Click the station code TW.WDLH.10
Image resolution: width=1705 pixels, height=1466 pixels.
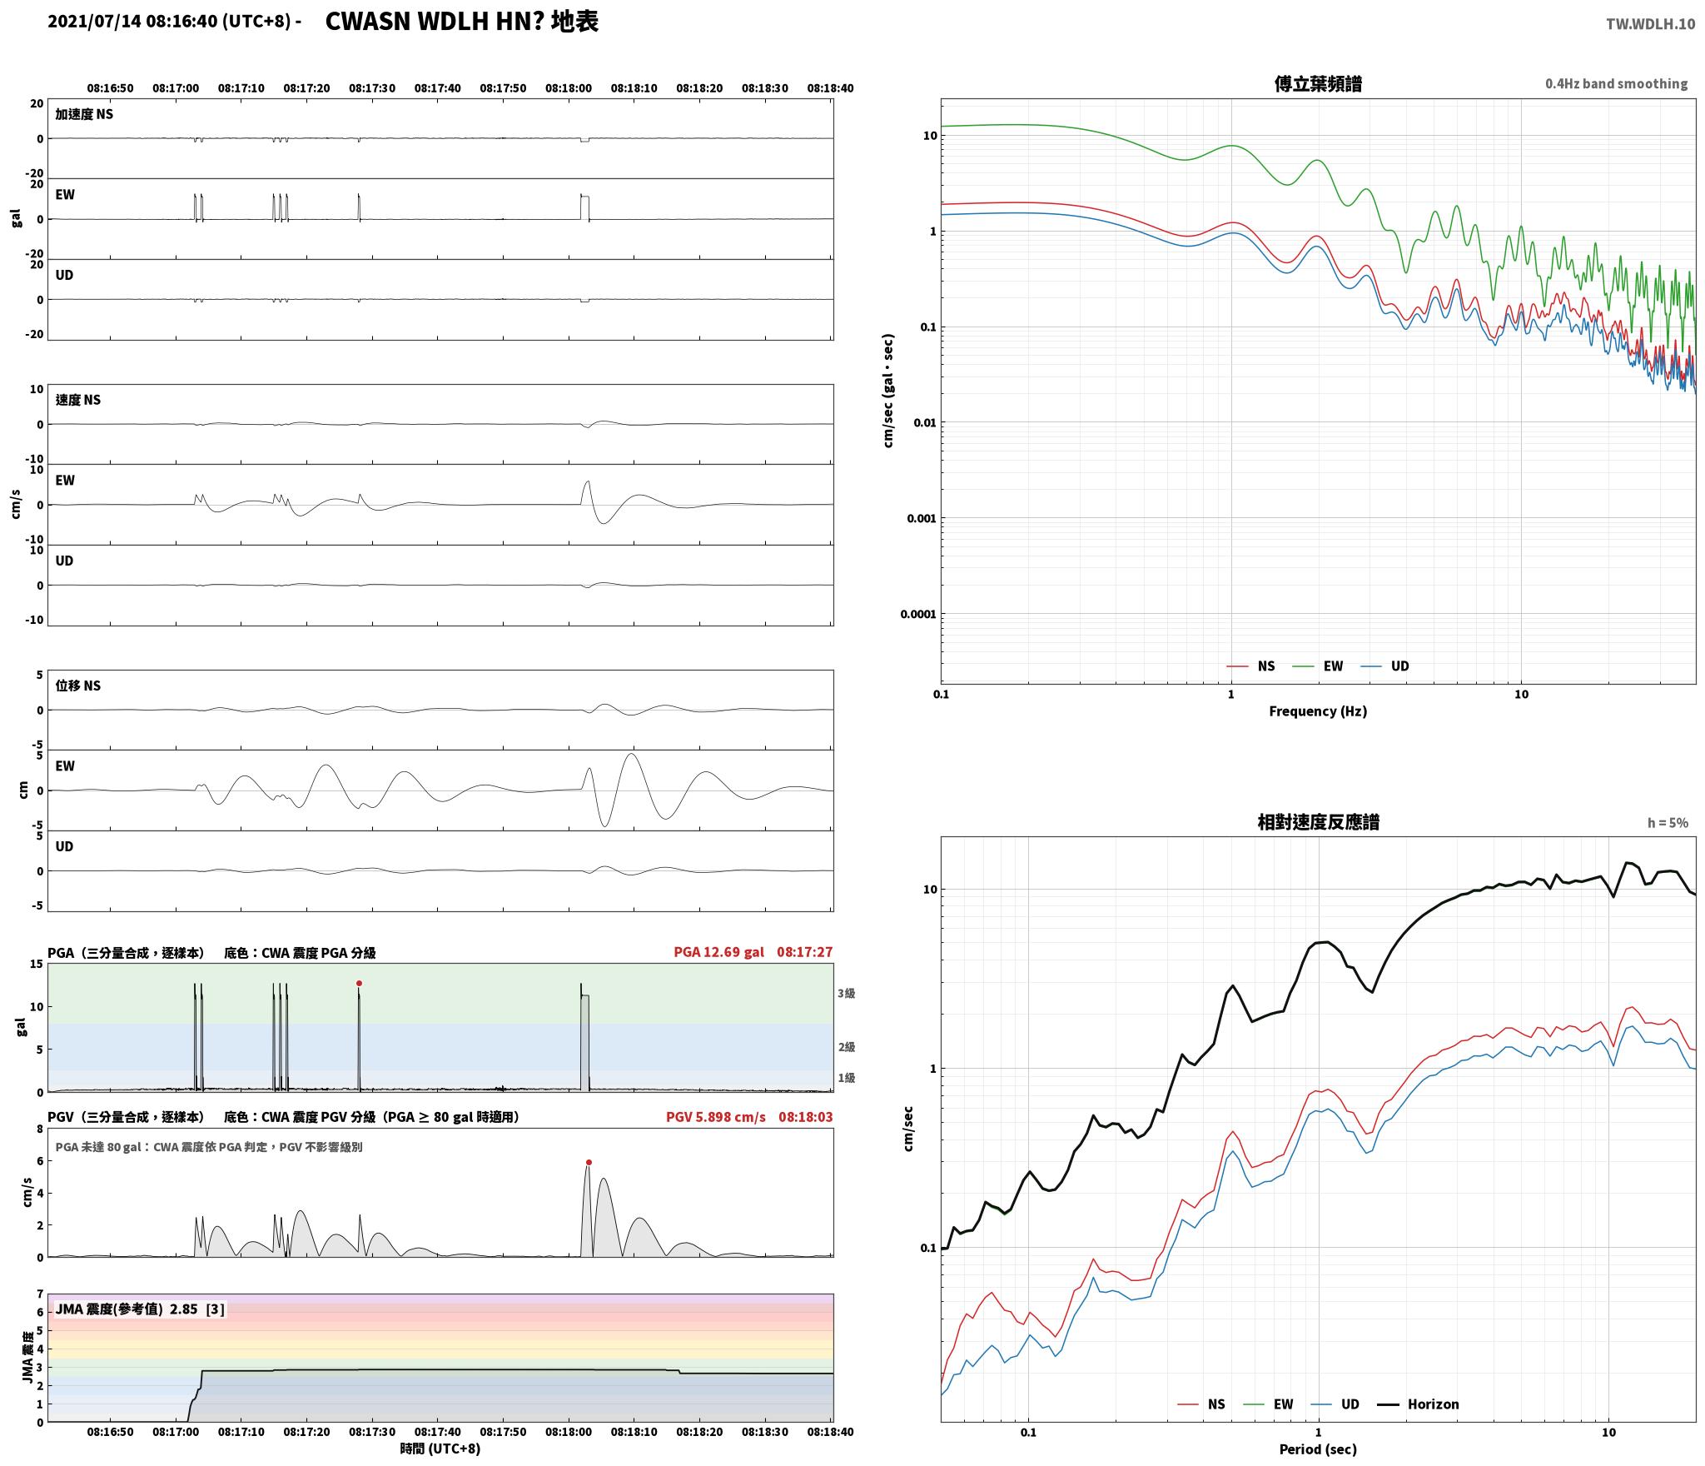point(1650,24)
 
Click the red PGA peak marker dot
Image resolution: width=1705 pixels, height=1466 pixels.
point(359,984)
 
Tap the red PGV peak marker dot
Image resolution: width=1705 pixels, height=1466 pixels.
point(589,1162)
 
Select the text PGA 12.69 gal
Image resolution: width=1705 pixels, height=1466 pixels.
point(718,952)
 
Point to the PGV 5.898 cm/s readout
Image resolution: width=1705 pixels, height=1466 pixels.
point(715,1117)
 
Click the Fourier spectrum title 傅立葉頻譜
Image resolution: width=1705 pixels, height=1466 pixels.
point(1318,84)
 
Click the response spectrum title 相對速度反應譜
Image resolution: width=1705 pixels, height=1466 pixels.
point(1318,822)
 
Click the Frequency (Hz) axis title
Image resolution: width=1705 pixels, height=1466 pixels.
point(1318,711)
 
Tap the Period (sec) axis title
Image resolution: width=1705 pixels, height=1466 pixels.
point(1318,1449)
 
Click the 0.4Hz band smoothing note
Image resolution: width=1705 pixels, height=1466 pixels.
point(1617,84)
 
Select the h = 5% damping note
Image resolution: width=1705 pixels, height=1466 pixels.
point(1668,823)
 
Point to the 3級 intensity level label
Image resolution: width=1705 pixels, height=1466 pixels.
point(846,993)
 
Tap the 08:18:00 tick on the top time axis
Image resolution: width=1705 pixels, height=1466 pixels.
point(569,88)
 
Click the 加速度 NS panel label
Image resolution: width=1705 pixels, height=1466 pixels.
point(84,114)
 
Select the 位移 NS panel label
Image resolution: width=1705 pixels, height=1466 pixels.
point(78,686)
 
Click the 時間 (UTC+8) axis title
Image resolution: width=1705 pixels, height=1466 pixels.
point(440,1449)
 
